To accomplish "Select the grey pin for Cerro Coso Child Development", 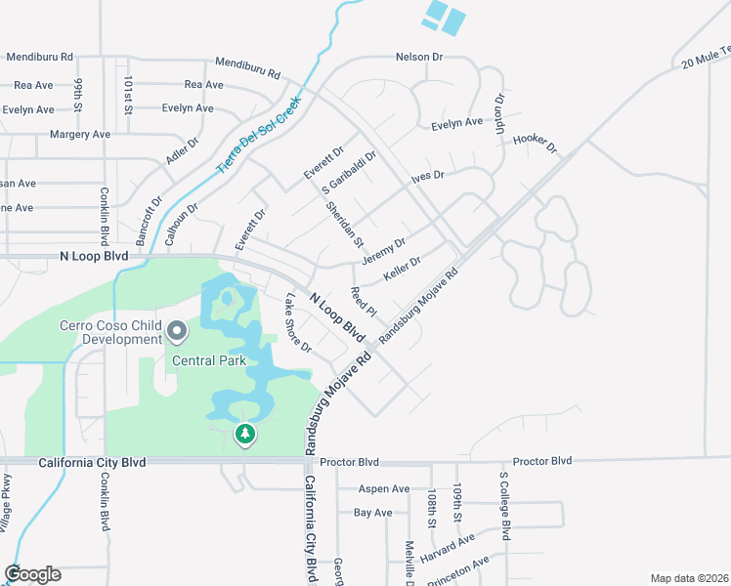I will pyautogui.click(x=177, y=333).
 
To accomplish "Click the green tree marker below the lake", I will pyautogui.click(x=245, y=433).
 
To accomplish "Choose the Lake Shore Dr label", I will pyautogui.click(x=297, y=323).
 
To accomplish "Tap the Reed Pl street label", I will pyautogui.click(x=364, y=300).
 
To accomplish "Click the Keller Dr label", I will pyautogui.click(x=402, y=268).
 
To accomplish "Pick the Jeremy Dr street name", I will pyautogui.click(x=383, y=250).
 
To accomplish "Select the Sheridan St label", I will pyautogui.click(x=345, y=224).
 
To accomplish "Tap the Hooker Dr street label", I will pyautogui.click(x=534, y=145).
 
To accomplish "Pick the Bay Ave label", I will pyautogui.click(x=372, y=512).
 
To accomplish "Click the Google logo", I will pyautogui.click(x=32, y=573).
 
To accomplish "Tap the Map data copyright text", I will pyautogui.click(x=689, y=578).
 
